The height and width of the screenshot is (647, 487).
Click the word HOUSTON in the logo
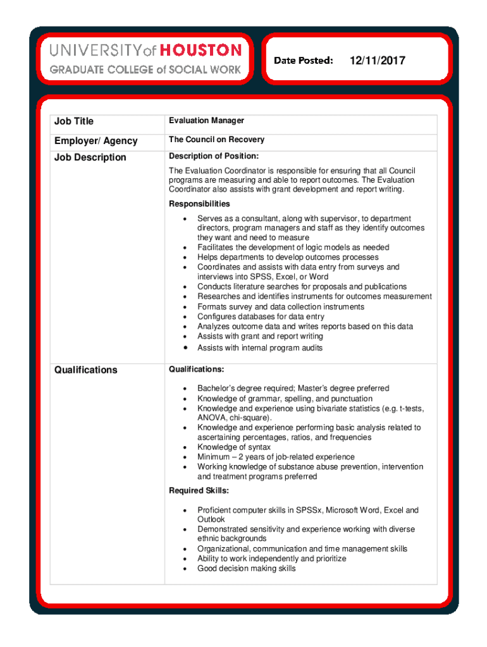pyautogui.click(x=200, y=50)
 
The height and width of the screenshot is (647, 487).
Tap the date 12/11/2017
pyautogui.click(x=377, y=61)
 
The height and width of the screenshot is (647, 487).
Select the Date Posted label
pyautogui.click(x=304, y=61)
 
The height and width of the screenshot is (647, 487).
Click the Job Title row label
pyautogui.click(x=75, y=121)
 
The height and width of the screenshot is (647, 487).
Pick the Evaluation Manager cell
pyautogui.click(x=206, y=121)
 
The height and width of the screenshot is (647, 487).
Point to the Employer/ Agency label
pyautogui.click(x=96, y=141)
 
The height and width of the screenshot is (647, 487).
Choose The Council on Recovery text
pyautogui.click(x=216, y=140)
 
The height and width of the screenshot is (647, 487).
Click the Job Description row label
pyautogui.click(x=90, y=157)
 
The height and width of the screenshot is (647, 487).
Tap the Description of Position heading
pyautogui.click(x=214, y=156)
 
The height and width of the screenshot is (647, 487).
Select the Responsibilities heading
pyautogui.click(x=199, y=204)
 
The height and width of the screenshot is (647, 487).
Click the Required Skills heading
pyautogui.click(x=199, y=491)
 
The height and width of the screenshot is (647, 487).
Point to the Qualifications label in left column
pyautogui.click(x=86, y=370)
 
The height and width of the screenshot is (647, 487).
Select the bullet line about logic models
pyautogui.click(x=293, y=248)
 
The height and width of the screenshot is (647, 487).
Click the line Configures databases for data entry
pyautogui.click(x=261, y=317)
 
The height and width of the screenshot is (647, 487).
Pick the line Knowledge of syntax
pyautogui.click(x=233, y=447)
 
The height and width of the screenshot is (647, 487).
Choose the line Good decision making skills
pyautogui.click(x=246, y=569)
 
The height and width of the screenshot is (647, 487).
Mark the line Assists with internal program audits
pyautogui.click(x=260, y=348)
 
